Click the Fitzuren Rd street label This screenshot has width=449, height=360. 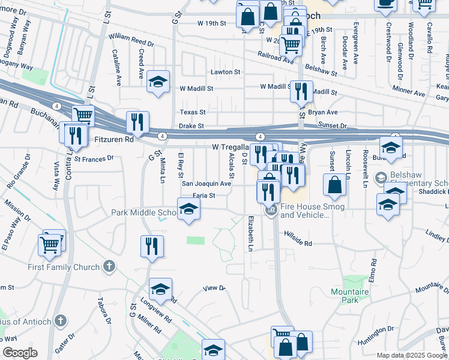pos(114,139)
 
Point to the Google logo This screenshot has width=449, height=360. pos(19,353)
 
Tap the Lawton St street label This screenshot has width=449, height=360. pos(225,71)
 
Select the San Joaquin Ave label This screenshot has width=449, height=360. pos(206,184)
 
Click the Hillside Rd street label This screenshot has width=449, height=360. pos(298,243)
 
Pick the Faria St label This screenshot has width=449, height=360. pos(203,195)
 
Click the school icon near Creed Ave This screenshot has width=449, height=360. pos(158,82)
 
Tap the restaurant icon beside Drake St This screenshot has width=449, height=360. pos(137,122)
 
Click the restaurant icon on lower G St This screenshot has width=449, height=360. pos(152,245)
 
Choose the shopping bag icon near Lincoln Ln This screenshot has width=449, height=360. pos(334,185)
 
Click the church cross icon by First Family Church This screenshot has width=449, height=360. pos(109,266)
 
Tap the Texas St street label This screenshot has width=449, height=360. pos(193,112)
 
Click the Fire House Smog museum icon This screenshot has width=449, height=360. pos(271,209)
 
